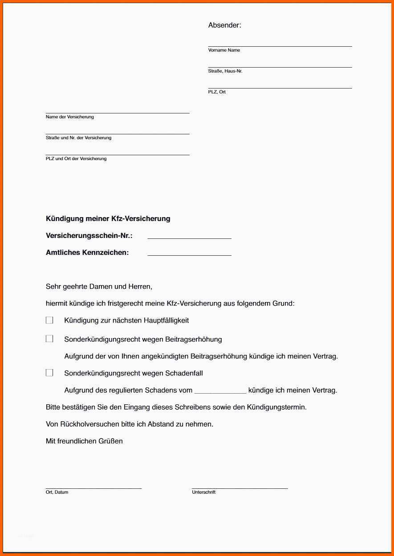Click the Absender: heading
click(224, 25)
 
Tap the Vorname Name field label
click(224, 50)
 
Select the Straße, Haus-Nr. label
click(225, 71)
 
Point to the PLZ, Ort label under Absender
click(217, 92)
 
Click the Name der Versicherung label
click(69, 117)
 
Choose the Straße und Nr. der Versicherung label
click(78, 138)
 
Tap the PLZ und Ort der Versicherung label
click(76, 159)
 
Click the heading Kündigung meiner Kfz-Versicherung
click(108, 218)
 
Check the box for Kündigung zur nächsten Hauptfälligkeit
click(49, 320)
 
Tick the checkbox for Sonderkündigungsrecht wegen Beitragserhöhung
click(49, 339)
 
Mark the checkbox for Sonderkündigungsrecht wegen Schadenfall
click(49, 373)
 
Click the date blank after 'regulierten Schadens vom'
click(220, 391)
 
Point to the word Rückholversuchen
click(90, 424)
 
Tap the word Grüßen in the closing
click(113, 441)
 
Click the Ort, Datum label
click(57, 492)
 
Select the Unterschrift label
click(203, 492)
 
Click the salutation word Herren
click(140, 287)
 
